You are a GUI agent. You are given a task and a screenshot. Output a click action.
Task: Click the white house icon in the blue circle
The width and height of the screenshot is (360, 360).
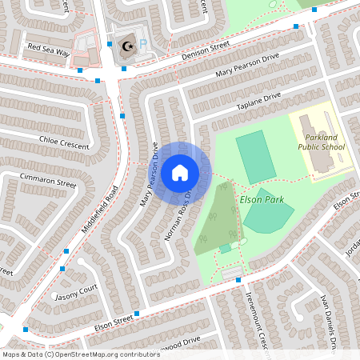(180, 173)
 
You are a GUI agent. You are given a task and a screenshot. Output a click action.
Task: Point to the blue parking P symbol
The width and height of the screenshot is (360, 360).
(143, 45)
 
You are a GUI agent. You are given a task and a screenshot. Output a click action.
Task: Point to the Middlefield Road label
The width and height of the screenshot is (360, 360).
(99, 210)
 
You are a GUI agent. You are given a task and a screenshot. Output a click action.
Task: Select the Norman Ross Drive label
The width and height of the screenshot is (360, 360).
(178, 217)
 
